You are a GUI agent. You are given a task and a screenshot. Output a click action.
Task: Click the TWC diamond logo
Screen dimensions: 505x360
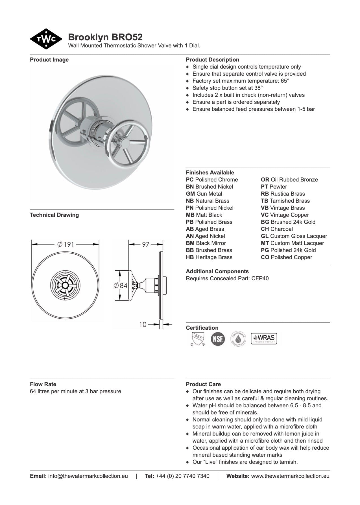point(46,39)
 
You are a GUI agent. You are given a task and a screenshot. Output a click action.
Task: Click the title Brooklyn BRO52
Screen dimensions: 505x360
point(105,37)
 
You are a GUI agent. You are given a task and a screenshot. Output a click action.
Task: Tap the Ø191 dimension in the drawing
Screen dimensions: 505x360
point(65,244)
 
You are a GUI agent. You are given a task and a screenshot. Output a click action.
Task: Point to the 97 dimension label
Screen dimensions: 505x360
point(145,244)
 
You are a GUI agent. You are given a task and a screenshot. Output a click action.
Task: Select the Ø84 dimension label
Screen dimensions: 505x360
point(121,285)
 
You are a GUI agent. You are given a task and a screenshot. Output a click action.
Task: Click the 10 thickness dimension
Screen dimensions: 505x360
point(143,324)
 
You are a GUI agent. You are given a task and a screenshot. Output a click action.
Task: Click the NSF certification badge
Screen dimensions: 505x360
point(218,339)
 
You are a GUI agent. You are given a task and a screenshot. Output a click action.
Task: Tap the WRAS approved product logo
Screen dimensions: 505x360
point(264,338)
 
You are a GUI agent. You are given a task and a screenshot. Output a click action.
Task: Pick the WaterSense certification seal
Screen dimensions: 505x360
point(238,339)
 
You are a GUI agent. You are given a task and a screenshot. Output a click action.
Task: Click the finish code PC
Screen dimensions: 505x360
point(190,180)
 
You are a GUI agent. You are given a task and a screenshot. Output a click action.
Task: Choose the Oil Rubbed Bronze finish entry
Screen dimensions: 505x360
point(289,180)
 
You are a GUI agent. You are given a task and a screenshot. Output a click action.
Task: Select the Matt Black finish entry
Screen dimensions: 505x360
point(204,215)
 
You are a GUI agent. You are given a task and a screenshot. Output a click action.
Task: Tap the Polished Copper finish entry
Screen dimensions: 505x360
point(286,257)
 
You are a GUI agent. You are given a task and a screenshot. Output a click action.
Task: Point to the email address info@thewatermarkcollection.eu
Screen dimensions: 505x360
point(88,476)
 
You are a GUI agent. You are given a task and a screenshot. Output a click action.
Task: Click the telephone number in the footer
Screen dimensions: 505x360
point(182,476)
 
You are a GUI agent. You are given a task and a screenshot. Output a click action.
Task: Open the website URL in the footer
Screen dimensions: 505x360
point(290,476)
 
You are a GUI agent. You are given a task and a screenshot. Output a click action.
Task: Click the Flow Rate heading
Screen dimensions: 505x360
point(43,384)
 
